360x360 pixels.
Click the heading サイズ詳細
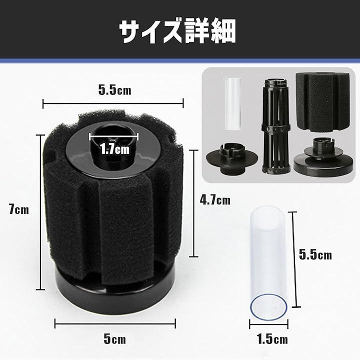[x=177, y=31]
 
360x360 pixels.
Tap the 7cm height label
[x=19, y=210]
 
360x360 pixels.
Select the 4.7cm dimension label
[x=215, y=200]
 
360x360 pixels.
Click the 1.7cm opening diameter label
[x=115, y=149]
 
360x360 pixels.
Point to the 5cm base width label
[x=115, y=339]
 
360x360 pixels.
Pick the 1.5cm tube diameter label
[x=272, y=339]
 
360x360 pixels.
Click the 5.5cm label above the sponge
[x=115, y=90]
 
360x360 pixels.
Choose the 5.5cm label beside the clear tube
[x=315, y=255]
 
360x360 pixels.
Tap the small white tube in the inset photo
[x=232, y=104]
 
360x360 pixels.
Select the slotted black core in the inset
[x=276, y=126]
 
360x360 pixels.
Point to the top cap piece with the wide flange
[x=232, y=158]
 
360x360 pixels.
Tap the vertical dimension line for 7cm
[x=40, y=212]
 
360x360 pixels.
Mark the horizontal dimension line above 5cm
[x=115, y=323]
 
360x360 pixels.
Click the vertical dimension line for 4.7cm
[x=194, y=203]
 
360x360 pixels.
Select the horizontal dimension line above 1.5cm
[x=268, y=325]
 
